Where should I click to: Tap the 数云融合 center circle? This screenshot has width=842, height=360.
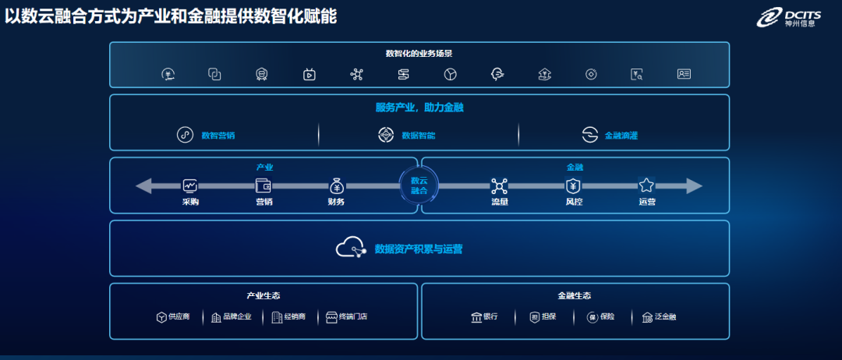[419, 185]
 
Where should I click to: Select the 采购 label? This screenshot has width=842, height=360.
[190, 202]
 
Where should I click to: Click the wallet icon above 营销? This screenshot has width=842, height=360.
[264, 185]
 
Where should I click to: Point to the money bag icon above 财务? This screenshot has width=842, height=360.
[336, 185]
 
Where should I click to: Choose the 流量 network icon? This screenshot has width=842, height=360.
[499, 185]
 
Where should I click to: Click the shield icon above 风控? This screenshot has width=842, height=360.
[573, 185]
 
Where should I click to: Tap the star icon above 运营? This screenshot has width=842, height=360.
[646, 185]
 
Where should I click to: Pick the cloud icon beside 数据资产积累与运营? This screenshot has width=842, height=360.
[351, 248]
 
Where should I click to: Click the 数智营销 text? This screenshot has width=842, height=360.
[218, 136]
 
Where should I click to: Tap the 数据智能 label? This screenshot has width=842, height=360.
[418, 136]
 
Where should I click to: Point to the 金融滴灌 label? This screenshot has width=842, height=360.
[621, 136]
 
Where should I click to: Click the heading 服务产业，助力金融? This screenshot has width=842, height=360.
[419, 108]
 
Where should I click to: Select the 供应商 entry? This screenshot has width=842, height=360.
[179, 317]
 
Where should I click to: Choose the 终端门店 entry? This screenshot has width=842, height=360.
[352, 317]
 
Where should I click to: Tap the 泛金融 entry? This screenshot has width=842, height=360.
[664, 317]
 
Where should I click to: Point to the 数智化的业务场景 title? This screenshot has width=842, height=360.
[419, 54]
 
